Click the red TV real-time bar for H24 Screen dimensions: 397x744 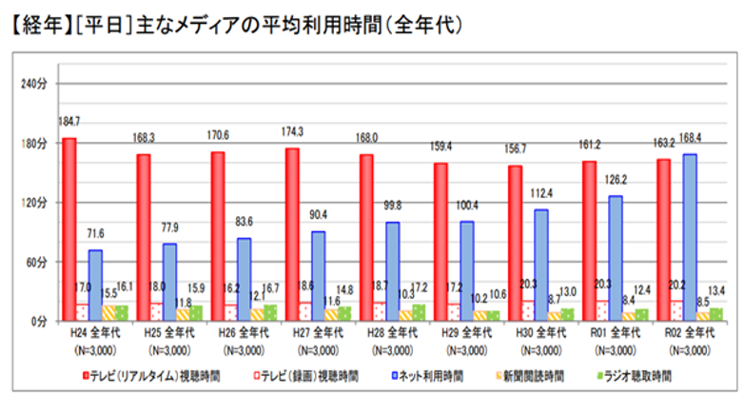coord(69,228)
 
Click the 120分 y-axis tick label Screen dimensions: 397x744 coord(33,202)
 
